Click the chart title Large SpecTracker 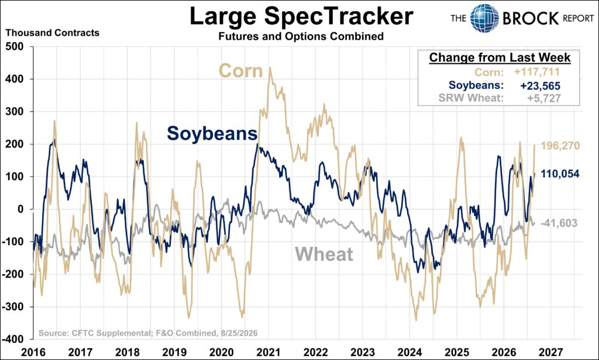[301, 17]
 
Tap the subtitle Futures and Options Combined [301, 36]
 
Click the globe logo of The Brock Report [484, 18]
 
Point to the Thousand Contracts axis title [52, 33]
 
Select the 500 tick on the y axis [15, 46]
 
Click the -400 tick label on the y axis [13, 340]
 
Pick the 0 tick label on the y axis [20, 209]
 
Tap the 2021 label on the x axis [268, 352]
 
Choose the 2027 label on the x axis [550, 352]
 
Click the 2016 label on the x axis [33, 352]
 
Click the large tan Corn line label [240, 71]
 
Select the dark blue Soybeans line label [212, 134]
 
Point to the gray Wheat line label [324, 254]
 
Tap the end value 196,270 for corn [560, 146]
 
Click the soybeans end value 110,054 [560, 174]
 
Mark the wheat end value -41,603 [559, 223]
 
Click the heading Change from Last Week [500, 57]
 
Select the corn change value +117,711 [537, 72]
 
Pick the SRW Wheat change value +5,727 [544, 98]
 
